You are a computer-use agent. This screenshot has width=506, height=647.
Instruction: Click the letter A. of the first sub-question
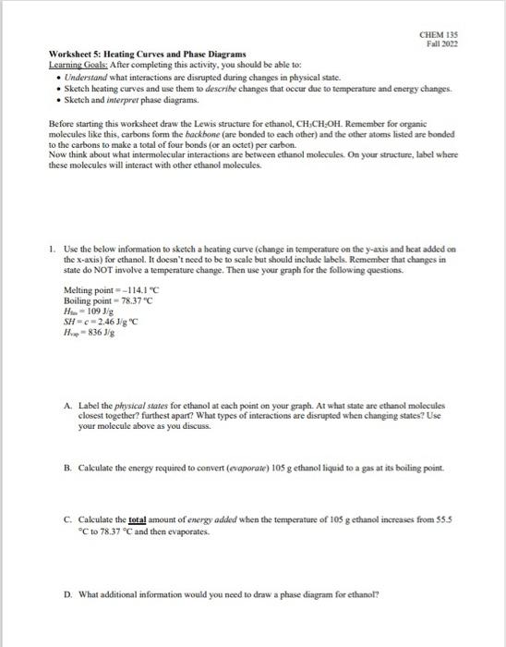(x=69, y=405)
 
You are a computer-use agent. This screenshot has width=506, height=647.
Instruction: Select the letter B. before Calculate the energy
(x=69, y=468)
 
